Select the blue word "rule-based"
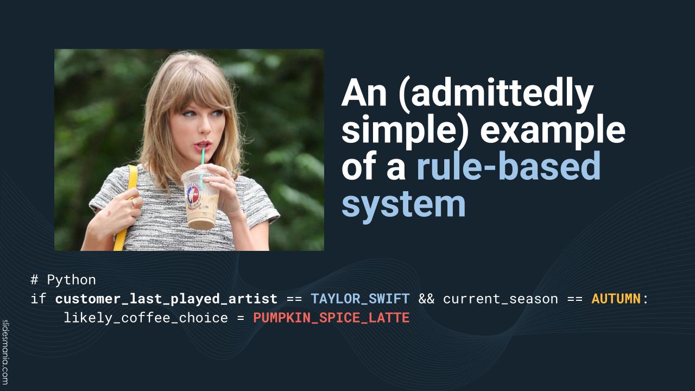click(x=509, y=166)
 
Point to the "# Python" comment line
click(x=64, y=280)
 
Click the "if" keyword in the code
click(x=39, y=299)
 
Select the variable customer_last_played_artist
click(x=166, y=299)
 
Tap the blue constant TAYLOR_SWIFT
click(x=360, y=299)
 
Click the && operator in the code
click(x=426, y=299)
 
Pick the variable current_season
click(x=501, y=299)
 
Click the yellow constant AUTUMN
click(x=616, y=299)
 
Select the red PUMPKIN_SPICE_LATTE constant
click(x=331, y=318)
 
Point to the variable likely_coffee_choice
click(x=146, y=318)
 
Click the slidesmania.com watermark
click(x=5, y=352)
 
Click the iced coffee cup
click(x=200, y=199)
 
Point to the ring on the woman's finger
click(x=134, y=202)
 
